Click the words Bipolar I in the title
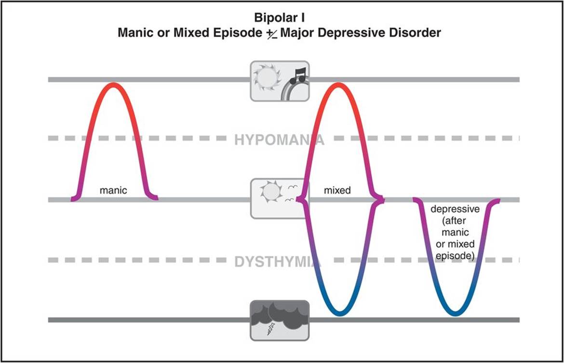(280, 18)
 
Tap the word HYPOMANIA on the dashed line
(280, 140)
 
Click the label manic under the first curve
(113, 190)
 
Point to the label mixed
(337, 190)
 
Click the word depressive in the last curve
(455, 209)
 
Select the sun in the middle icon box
(270, 192)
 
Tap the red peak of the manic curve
(113, 84)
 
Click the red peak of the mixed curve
(338, 84)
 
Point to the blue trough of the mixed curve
(338, 314)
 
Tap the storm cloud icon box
(280, 320)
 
